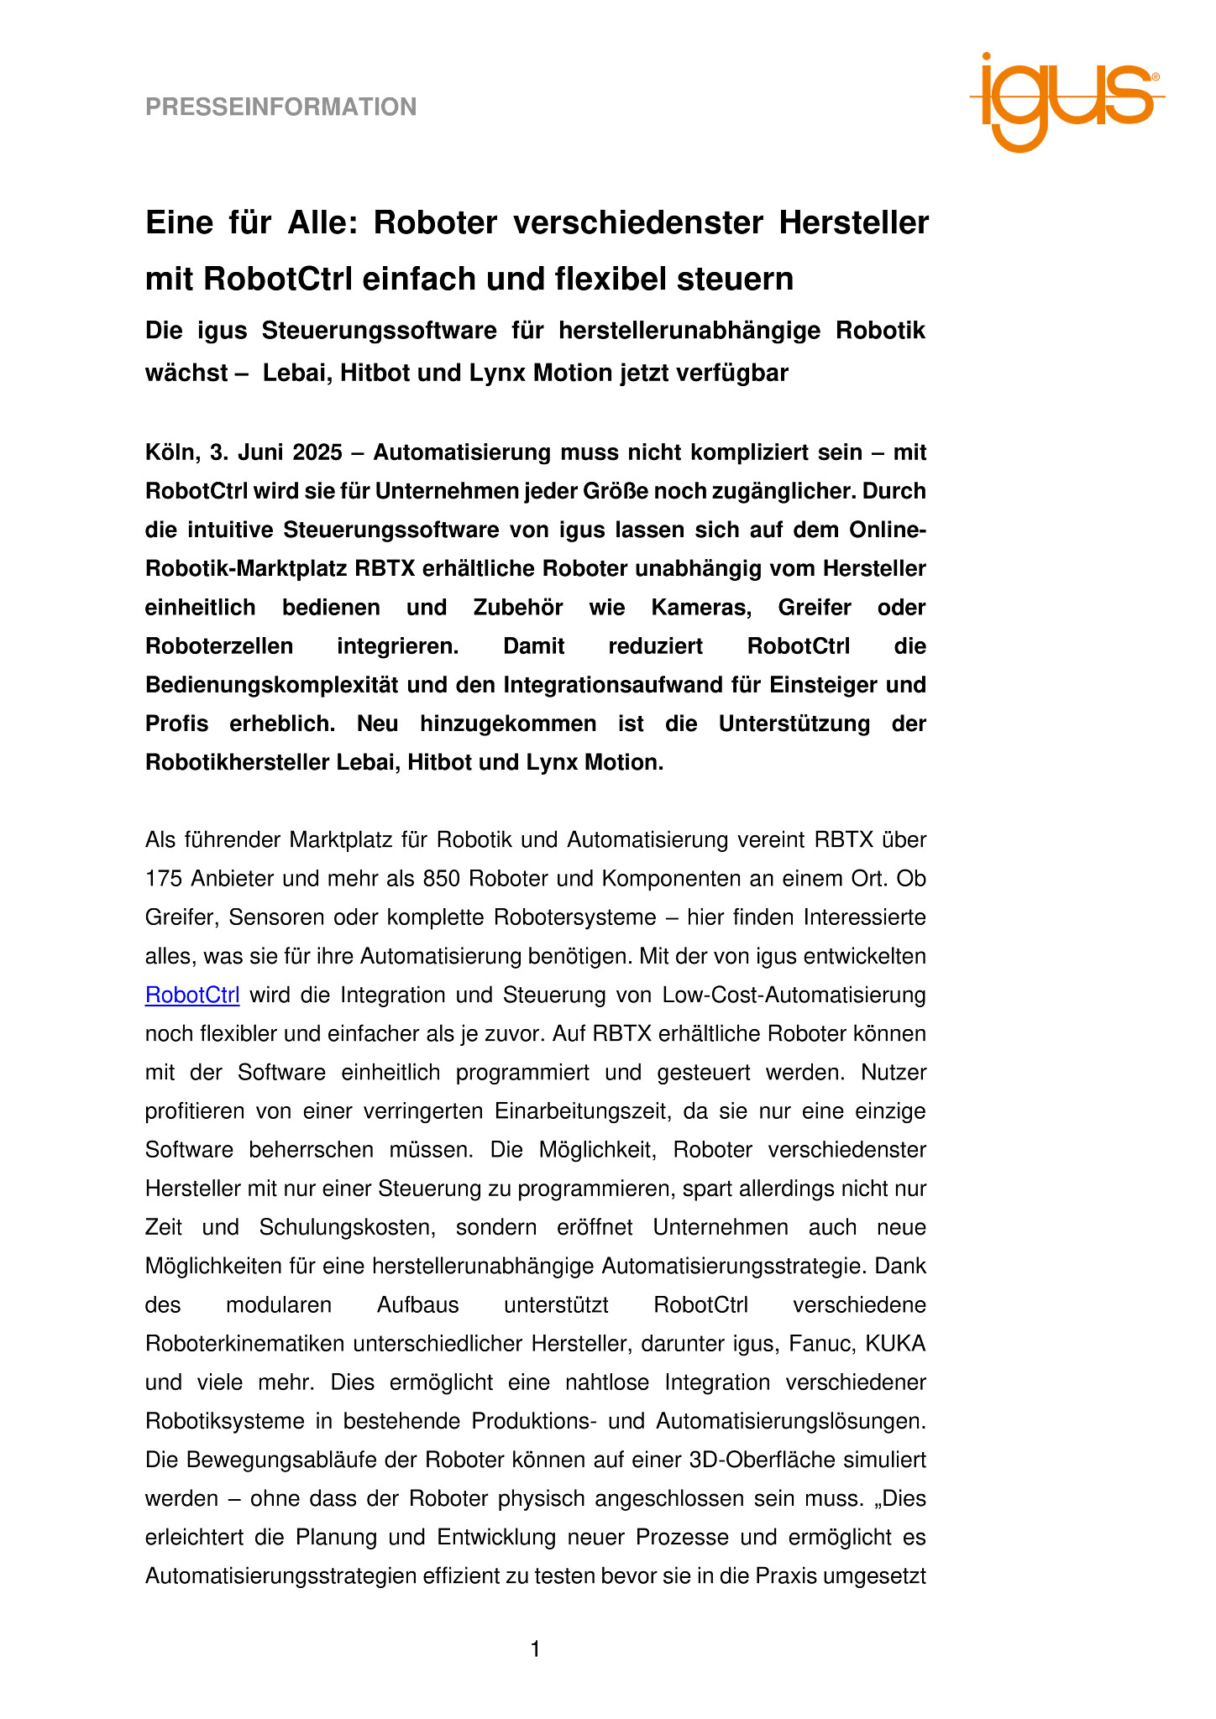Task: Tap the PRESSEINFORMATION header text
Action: tap(280, 107)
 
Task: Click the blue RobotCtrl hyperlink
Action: tap(192, 995)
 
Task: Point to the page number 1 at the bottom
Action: tap(535, 1650)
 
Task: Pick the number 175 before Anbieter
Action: tap(163, 879)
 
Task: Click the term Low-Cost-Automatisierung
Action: tap(794, 995)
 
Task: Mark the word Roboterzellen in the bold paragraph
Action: tap(219, 646)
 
